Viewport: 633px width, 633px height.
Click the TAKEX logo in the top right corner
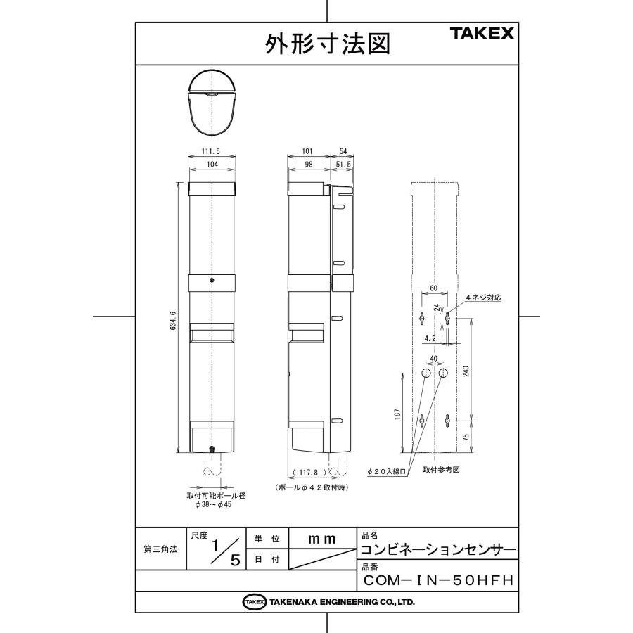tap(481, 33)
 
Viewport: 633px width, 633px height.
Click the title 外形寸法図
tap(326, 44)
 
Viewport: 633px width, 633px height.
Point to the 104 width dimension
tap(213, 163)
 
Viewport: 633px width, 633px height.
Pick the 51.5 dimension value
tap(345, 163)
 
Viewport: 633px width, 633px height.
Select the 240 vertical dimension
tap(466, 371)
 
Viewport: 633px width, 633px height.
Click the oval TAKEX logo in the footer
tap(254, 602)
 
